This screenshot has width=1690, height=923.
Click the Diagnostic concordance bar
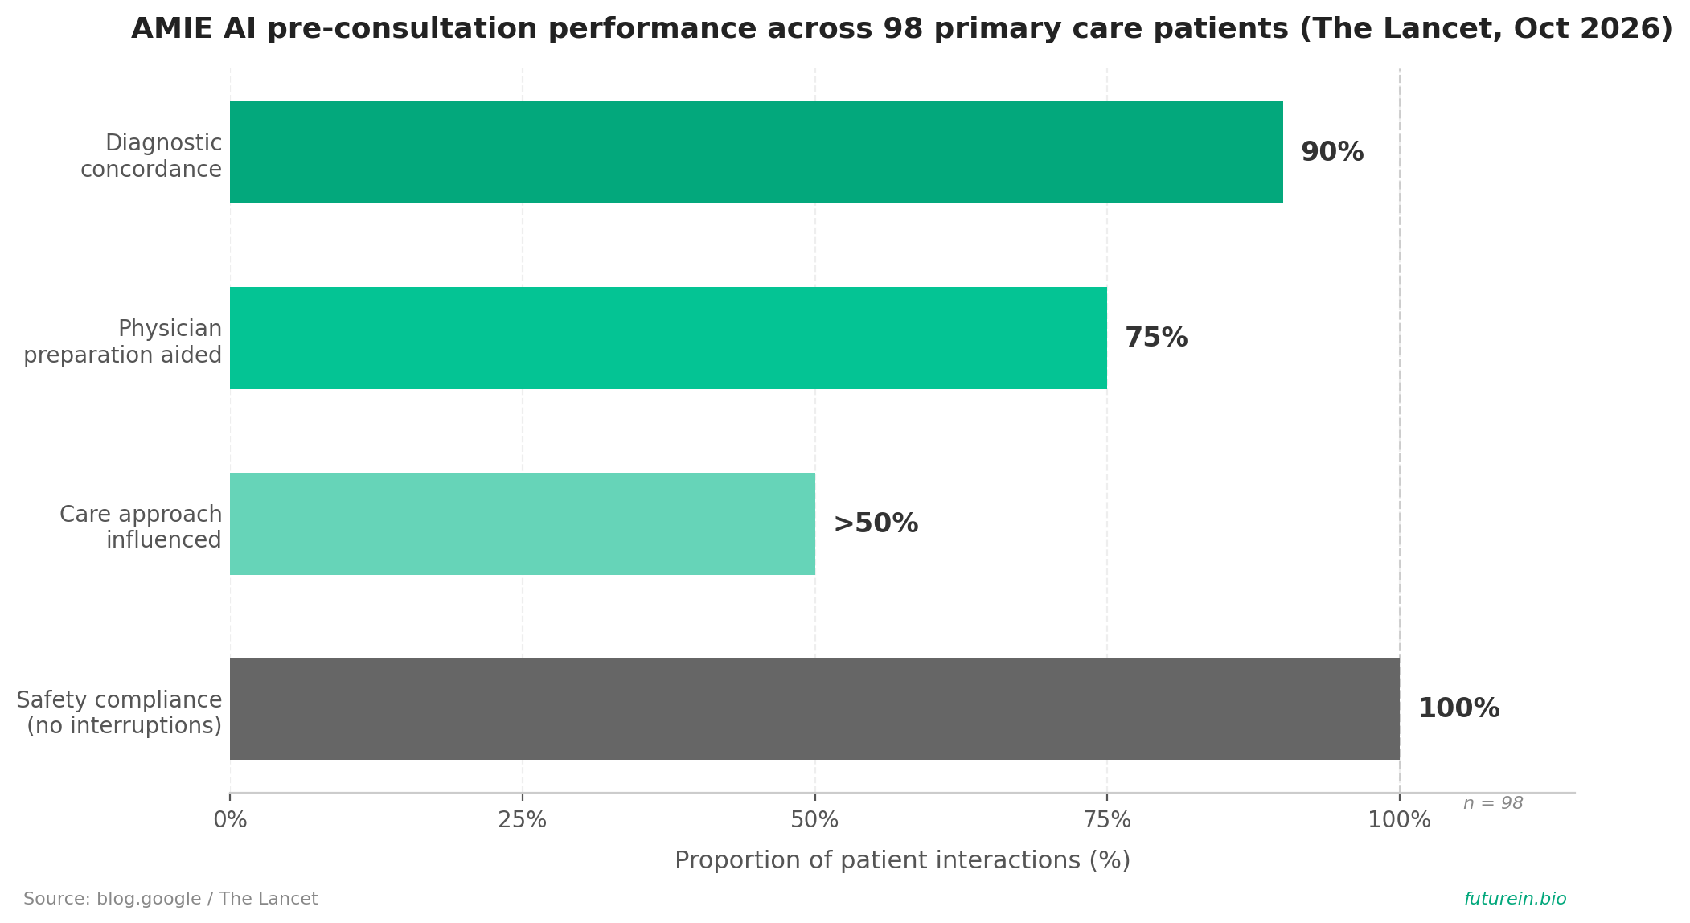tap(757, 152)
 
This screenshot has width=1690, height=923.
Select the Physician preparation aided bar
tap(668, 338)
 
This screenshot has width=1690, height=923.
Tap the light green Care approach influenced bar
tap(523, 523)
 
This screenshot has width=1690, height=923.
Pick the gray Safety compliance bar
tap(814, 708)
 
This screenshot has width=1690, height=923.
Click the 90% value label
tap(1332, 152)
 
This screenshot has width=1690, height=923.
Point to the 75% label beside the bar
tap(1156, 338)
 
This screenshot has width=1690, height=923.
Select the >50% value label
tap(876, 523)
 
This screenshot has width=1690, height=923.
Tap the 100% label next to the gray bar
tap(1458, 708)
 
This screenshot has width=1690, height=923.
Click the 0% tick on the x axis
tap(230, 820)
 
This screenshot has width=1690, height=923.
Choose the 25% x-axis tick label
tap(523, 820)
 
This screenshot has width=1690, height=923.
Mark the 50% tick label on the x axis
tap(814, 820)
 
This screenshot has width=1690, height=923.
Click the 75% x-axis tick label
tap(1107, 820)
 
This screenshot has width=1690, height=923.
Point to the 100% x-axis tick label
tap(1400, 820)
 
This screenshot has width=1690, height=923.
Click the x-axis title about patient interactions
tap(902, 860)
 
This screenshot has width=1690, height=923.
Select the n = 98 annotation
tap(1493, 803)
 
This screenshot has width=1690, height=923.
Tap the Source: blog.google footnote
tap(170, 899)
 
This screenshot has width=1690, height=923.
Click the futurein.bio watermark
tap(1515, 899)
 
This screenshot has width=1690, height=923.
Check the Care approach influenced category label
tap(141, 527)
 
